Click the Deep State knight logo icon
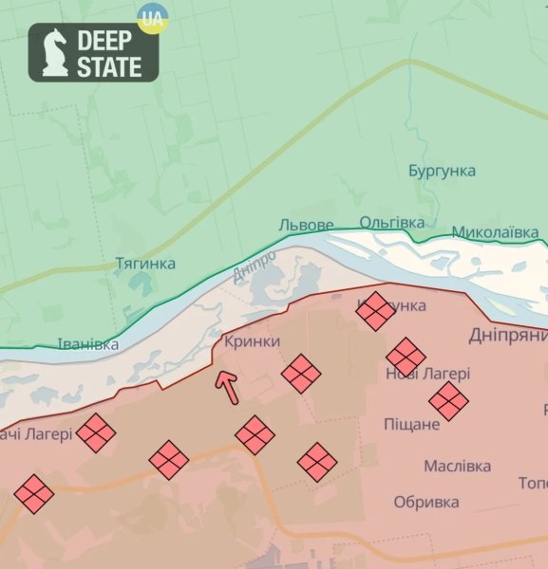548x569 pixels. click(54, 51)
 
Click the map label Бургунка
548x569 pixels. click(442, 171)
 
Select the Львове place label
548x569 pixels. click(306, 226)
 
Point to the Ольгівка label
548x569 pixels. click(392, 222)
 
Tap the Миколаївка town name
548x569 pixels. click(498, 232)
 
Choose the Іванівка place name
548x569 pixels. click(88, 344)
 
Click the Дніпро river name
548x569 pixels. click(255, 266)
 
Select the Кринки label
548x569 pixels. click(252, 341)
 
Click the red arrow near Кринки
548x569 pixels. click(227, 387)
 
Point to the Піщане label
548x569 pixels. click(411, 424)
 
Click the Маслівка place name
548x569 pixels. click(457, 466)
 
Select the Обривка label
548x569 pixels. click(426, 502)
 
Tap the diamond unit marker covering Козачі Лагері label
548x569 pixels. click(96, 432)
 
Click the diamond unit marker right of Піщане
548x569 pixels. click(448, 401)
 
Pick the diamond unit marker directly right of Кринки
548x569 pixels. click(301, 374)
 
